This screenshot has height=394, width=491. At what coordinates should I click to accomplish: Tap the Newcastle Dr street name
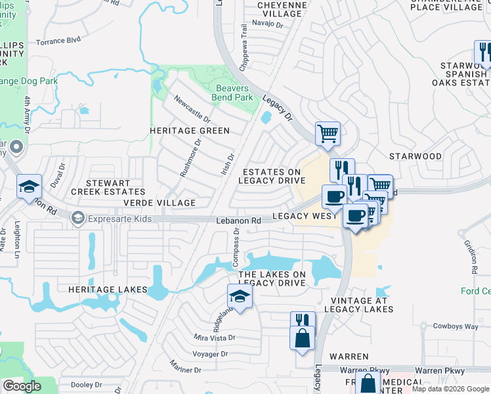pos(192,110)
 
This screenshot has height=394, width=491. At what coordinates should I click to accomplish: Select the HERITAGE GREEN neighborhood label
pos(189,131)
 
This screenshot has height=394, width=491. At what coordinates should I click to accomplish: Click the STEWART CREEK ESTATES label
pos(108,186)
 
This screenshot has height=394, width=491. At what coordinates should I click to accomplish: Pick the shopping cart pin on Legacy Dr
pos(328,134)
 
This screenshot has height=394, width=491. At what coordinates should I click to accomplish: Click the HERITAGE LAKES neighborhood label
pos(105,289)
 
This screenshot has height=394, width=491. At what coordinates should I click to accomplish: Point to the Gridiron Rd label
pos(471,255)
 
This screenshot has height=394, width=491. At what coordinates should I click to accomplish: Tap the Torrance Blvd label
pos(58,40)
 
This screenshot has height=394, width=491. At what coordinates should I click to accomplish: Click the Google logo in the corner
pos(22,386)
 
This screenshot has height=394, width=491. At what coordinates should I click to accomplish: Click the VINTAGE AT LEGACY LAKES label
pos(358,304)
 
